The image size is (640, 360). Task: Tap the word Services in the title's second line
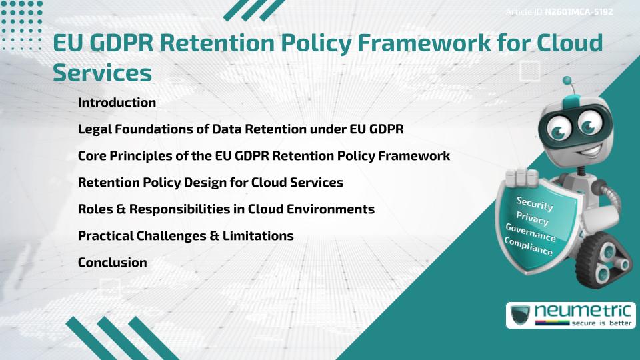tap(102, 72)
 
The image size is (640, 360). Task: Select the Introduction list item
tap(117, 103)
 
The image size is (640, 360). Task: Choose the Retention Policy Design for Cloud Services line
tap(210, 183)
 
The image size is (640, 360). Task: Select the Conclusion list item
tap(112, 263)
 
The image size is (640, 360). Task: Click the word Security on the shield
tap(535, 204)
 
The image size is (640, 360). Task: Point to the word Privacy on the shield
tap(532, 218)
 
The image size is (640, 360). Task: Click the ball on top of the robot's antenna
tap(567, 81)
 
